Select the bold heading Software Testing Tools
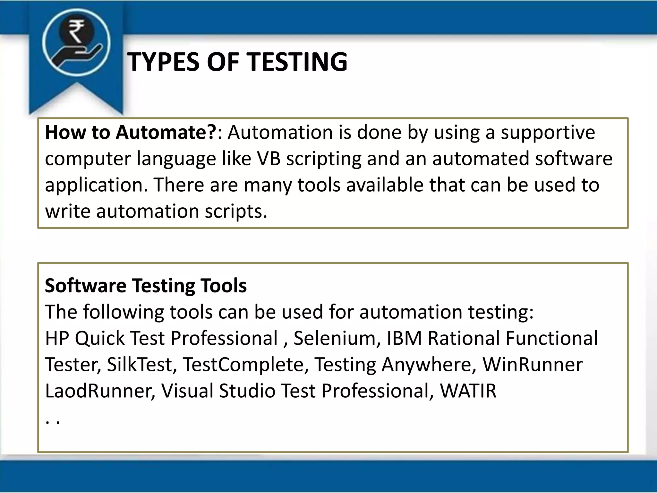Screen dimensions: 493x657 pyautogui.click(x=146, y=285)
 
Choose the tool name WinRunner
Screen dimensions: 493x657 pyautogui.click(x=533, y=364)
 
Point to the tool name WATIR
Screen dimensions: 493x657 pyautogui.click(x=468, y=391)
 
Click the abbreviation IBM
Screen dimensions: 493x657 pyautogui.click(x=404, y=338)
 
